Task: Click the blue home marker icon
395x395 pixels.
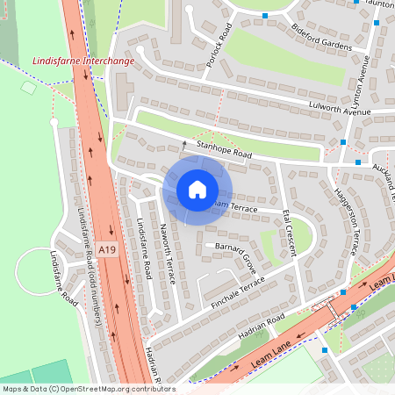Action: coord(197,190)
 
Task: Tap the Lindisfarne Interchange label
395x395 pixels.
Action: coord(83,61)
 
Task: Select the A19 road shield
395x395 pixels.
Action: coord(107,251)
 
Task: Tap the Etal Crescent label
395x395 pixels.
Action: coord(289,233)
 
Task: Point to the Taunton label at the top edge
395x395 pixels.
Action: coord(379,4)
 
